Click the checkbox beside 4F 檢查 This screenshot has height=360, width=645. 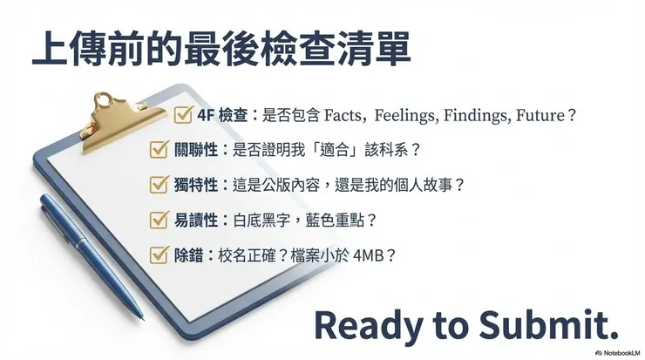click(x=184, y=115)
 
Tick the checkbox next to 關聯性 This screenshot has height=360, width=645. click(x=158, y=149)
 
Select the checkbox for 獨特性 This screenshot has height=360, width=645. click(x=158, y=185)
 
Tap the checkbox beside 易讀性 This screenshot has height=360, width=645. click(x=158, y=221)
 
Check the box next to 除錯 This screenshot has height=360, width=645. click(x=158, y=255)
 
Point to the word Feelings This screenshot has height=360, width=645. click(x=407, y=115)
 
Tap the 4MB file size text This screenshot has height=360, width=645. click(x=369, y=255)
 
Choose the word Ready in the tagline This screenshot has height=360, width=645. click(x=364, y=324)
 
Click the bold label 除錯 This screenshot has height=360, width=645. click(x=188, y=255)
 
